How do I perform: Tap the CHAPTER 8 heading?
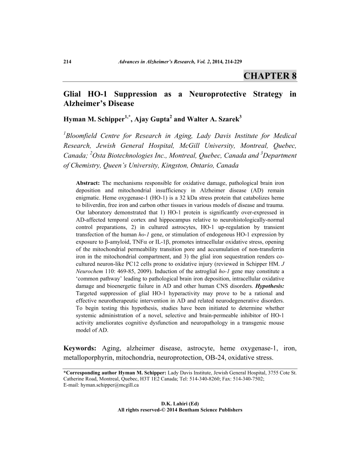[270, 75]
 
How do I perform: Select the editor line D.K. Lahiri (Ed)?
[180, 403]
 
